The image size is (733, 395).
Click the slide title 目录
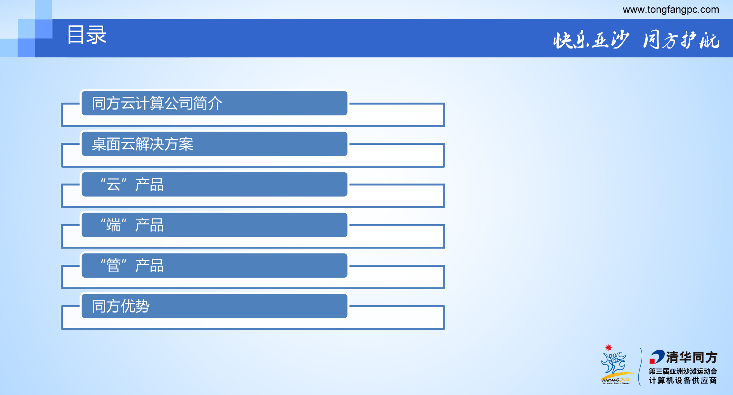tap(87, 35)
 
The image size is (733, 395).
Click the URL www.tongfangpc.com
tap(671, 10)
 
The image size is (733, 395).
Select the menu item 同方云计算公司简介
tap(157, 103)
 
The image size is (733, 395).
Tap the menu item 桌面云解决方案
tap(142, 144)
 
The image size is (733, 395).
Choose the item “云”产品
tap(132, 185)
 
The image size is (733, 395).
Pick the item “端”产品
tap(132, 225)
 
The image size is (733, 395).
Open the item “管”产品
tap(132, 266)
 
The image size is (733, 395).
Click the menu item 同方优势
tap(121, 306)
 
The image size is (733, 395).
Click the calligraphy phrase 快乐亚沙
tap(591, 40)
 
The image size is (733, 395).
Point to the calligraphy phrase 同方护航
tap(681, 40)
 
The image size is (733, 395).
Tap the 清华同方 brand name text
tap(692, 357)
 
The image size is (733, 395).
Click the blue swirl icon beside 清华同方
tap(657, 357)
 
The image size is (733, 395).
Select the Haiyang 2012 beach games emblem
tap(615, 366)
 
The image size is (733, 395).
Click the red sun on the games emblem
tap(609, 347)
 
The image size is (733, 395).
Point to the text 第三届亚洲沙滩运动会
tap(683, 371)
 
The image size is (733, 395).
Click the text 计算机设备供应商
tap(683, 380)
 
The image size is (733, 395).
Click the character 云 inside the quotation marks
tap(114, 185)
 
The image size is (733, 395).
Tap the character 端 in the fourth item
tap(114, 225)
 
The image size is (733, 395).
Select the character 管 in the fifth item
tap(114, 266)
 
